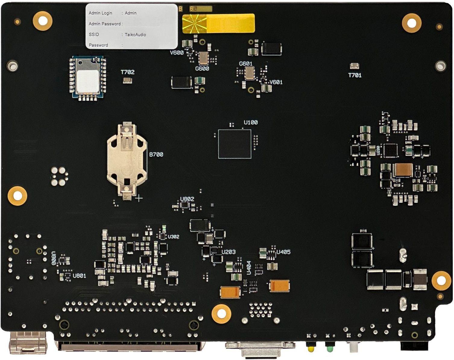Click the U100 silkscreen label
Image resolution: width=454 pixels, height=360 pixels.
251,122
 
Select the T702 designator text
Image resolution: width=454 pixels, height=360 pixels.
128,72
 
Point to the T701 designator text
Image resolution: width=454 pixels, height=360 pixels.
355,75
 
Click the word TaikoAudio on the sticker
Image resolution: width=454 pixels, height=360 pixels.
135,35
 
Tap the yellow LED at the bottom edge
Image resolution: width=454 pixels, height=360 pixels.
311,349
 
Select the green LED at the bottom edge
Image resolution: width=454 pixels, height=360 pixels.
330,349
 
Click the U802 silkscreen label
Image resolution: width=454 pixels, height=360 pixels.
187,199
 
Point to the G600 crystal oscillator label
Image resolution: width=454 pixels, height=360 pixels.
202,69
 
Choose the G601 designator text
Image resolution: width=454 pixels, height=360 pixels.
246,64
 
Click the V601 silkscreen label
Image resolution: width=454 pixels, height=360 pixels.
276,82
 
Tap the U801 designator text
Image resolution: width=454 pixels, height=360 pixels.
79,276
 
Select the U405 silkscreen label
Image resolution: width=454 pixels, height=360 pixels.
283,252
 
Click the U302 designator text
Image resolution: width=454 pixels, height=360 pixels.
173,237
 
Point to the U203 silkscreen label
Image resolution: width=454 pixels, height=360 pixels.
229,252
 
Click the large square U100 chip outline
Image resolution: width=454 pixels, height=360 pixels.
235,144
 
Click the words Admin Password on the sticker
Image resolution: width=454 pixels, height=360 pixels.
105,24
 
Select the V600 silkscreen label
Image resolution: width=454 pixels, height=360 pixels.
177,53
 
